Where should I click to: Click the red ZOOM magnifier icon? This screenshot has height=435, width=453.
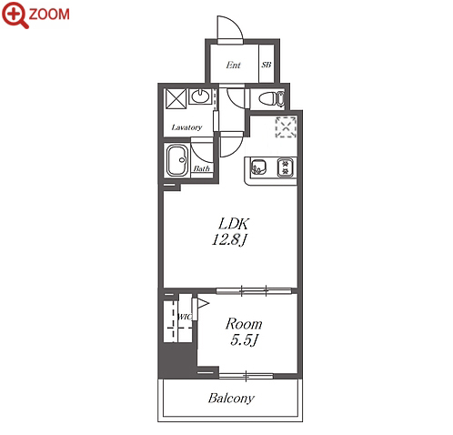tap(15, 15)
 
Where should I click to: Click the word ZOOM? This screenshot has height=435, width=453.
tap(49, 15)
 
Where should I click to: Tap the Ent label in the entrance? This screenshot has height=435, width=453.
tap(233, 65)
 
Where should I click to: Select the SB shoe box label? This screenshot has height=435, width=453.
tap(267, 65)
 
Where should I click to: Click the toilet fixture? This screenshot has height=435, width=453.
tap(272, 98)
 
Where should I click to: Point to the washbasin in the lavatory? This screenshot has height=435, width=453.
tap(200, 96)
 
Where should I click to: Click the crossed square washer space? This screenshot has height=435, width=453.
tap(176, 98)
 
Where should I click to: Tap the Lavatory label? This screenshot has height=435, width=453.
tap(186, 127)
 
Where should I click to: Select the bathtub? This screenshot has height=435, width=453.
tap(177, 161)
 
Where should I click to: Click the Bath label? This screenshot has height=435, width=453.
tap(202, 168)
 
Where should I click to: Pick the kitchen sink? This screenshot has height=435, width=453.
tap(258, 167)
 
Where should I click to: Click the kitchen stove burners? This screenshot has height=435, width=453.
tap(285, 167)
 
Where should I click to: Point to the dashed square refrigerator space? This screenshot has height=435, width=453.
tap(286, 127)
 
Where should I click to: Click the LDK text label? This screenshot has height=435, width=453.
tap(234, 224)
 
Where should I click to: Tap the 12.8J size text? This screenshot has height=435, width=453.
tap(230, 239)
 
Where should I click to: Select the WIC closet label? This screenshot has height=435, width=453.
tap(185, 317)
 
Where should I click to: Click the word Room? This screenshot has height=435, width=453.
tap(244, 324)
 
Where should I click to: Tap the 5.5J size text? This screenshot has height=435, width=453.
tap(244, 340)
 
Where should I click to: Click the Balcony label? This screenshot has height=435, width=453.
tap(231, 398)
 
